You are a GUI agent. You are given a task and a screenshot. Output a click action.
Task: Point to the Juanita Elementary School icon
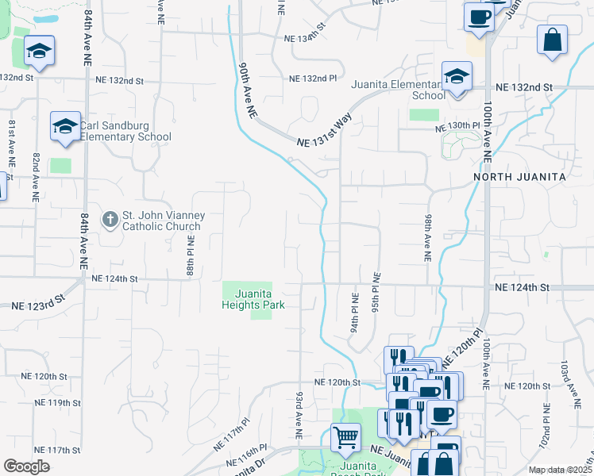(x=457, y=77)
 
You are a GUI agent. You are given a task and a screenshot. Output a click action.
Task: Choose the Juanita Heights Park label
(x=254, y=297)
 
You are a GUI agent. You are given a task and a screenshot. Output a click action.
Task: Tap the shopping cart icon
(x=345, y=436)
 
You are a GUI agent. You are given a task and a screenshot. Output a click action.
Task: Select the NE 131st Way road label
(x=324, y=132)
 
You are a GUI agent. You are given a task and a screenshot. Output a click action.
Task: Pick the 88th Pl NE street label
(x=191, y=255)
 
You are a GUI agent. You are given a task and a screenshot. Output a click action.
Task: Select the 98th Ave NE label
(x=428, y=237)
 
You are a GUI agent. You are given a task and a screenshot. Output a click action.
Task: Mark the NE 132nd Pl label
(x=313, y=79)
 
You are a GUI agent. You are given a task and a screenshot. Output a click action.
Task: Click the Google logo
(x=26, y=466)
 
